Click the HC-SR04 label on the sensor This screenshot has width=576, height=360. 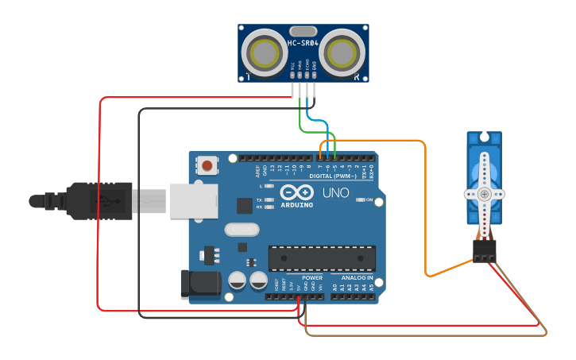tap(303, 43)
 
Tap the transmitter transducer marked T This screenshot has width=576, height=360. tap(265, 53)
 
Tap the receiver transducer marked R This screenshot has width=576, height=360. tap(342, 53)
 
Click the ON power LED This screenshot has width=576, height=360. tap(360, 199)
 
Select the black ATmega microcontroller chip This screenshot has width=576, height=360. tap(322, 258)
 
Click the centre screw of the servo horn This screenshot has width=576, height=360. tap(484, 193)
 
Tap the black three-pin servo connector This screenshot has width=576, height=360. tap(484, 250)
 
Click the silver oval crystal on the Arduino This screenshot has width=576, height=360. tap(242, 230)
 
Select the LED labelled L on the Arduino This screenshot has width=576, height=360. tap(269, 186)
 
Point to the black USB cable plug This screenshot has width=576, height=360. tap(99, 200)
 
